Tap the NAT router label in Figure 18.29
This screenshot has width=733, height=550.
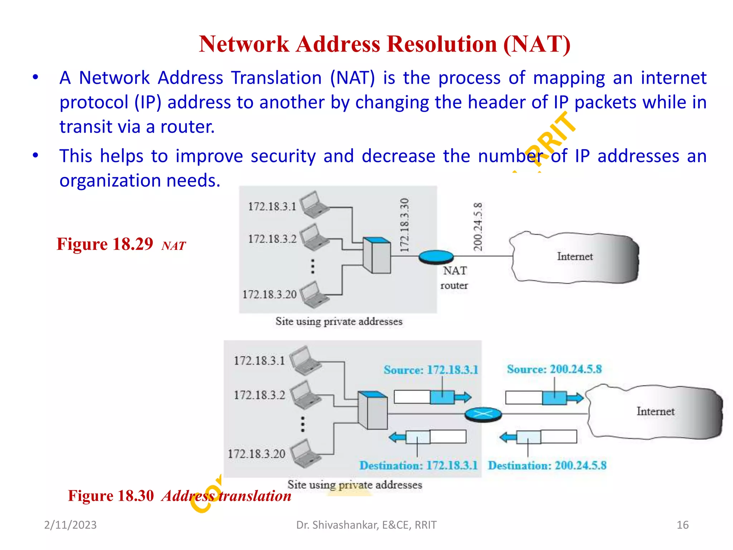[x=454, y=278]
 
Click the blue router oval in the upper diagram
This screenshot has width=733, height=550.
[x=436, y=257]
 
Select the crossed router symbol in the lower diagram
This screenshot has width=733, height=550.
[x=483, y=415]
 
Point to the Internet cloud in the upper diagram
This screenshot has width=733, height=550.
[x=574, y=257]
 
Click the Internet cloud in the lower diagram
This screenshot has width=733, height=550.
[x=655, y=411]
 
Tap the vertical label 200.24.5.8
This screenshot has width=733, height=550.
[x=478, y=226]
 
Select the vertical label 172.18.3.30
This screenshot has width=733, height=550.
[x=404, y=225]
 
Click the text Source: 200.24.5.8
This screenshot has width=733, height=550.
[x=554, y=369]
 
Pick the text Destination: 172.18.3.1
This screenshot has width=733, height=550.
[x=418, y=465]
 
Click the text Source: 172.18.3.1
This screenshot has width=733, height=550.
[x=431, y=370]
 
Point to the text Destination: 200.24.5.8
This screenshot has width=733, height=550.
[x=547, y=465]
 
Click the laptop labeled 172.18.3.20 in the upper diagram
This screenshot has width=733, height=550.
[x=314, y=295]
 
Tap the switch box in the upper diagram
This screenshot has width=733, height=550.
[x=377, y=255]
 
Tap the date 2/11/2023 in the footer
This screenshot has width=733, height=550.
[x=70, y=525]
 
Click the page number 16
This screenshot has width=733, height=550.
[x=682, y=525]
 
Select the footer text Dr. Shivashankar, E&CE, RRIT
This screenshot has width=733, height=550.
[x=366, y=525]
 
